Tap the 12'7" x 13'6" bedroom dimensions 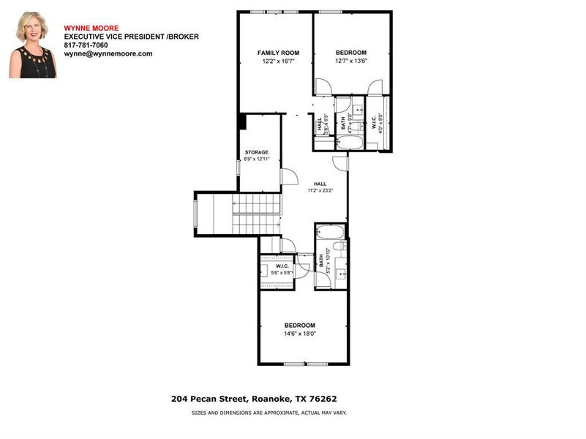(x=350, y=61)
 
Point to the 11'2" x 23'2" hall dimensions (x=320, y=190)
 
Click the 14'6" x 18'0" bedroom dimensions (x=299, y=334)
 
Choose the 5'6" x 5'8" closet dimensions (x=279, y=273)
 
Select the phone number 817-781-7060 (x=86, y=45)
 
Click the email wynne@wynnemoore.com (x=108, y=53)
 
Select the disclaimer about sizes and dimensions (x=269, y=413)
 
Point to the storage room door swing (x=289, y=176)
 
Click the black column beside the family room (x=240, y=121)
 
